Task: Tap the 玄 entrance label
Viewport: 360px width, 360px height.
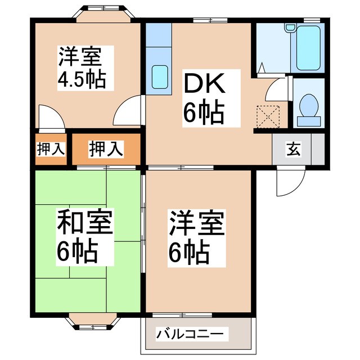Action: pos(295,150)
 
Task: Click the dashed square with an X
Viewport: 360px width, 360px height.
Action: pos(268,116)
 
